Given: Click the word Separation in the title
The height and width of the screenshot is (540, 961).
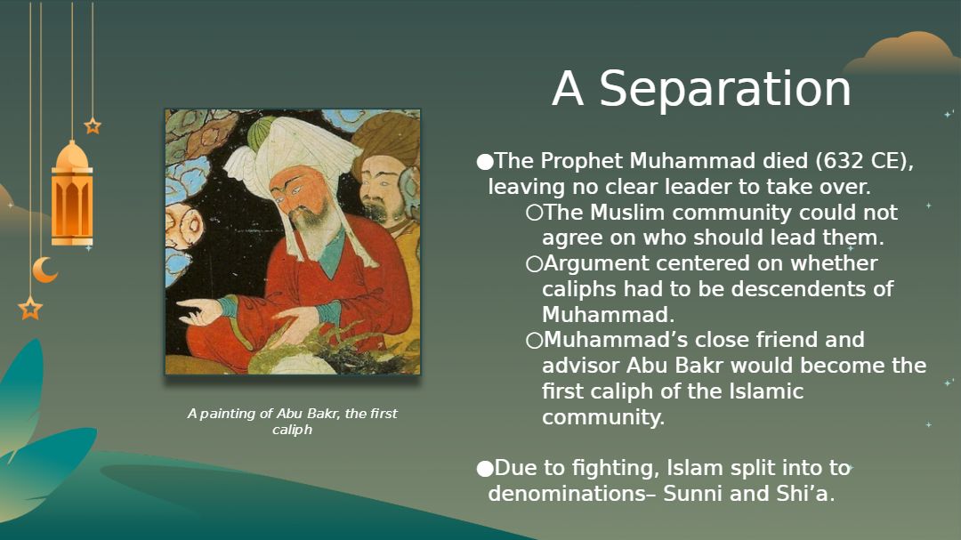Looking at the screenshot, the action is (725, 89).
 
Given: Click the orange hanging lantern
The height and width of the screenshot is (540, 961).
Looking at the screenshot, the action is (72, 194).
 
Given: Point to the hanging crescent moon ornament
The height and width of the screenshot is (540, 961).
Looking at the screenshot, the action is (44, 270).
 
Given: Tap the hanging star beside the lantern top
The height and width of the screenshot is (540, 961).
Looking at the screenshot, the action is (93, 126).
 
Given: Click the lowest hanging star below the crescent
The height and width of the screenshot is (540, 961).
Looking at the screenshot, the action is (30, 308).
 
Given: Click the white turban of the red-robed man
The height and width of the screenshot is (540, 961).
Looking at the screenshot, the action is (295, 153).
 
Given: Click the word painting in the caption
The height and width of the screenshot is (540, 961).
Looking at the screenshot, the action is (228, 414).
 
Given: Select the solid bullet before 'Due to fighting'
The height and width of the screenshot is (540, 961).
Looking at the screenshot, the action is (485, 469).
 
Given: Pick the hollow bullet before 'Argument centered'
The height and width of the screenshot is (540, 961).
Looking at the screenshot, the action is (534, 264).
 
